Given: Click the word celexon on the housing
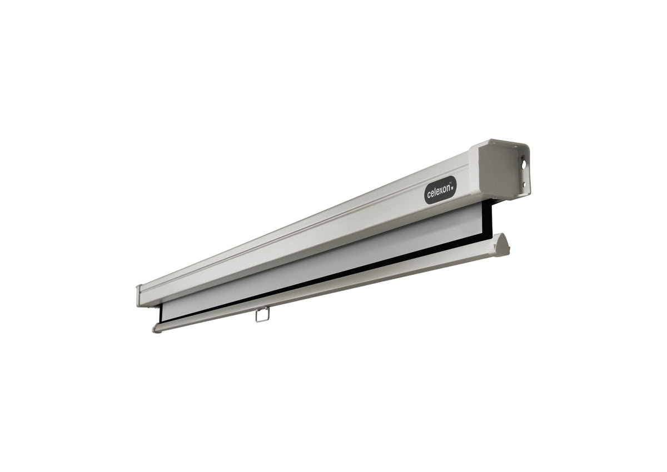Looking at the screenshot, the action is [x=439, y=191].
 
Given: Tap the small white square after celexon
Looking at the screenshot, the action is [x=452, y=188].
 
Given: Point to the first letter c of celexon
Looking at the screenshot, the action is [x=429, y=195].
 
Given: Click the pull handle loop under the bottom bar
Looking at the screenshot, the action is [x=262, y=315].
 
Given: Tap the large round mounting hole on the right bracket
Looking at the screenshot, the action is [x=523, y=164].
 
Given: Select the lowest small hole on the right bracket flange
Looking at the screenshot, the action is [x=524, y=185].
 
